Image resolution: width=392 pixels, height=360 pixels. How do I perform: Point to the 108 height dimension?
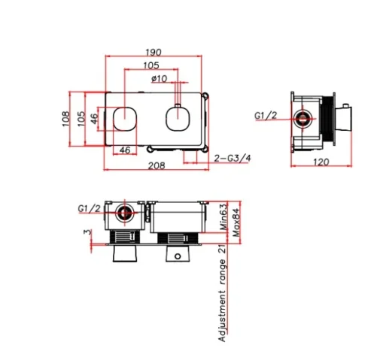[x=66, y=117]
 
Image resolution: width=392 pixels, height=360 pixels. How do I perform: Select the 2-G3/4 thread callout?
[x=232, y=158]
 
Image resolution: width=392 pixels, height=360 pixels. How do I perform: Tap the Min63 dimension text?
[x=223, y=215]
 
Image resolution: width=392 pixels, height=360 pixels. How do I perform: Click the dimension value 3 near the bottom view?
[x=90, y=234]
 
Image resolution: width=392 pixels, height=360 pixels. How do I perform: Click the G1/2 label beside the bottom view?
[x=89, y=208]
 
